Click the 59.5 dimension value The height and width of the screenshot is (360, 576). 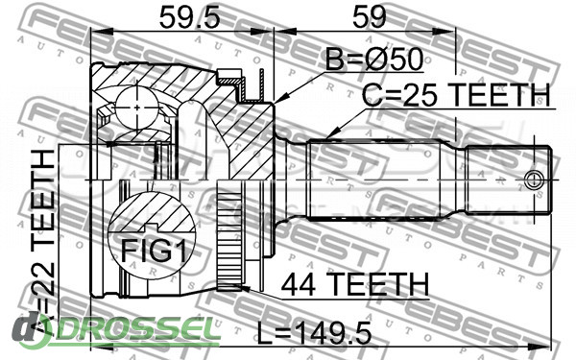coord(189,17)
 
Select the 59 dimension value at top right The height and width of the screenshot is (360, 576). coord(370,17)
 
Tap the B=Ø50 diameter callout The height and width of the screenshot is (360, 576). coord(374,60)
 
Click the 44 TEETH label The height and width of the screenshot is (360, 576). coord(355,284)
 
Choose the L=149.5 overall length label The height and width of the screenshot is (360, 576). coord(315,333)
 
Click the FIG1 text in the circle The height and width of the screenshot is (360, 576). coord(154,251)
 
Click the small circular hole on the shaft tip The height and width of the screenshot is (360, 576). coord(532,180)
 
